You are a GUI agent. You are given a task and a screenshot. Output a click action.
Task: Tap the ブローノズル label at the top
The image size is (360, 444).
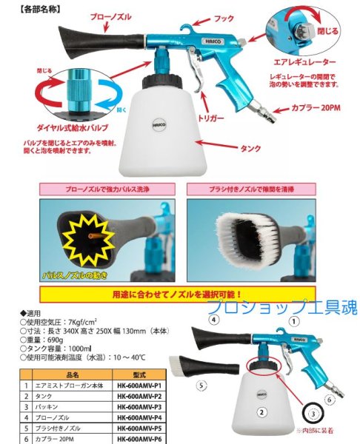click(x=111, y=16)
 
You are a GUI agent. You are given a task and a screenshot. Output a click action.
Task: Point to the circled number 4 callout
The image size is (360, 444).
click(x=213, y=320)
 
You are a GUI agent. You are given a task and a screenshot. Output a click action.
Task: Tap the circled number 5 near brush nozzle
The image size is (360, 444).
click(x=201, y=385)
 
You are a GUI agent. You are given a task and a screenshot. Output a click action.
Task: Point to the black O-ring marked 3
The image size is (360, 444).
click(x=314, y=411)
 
